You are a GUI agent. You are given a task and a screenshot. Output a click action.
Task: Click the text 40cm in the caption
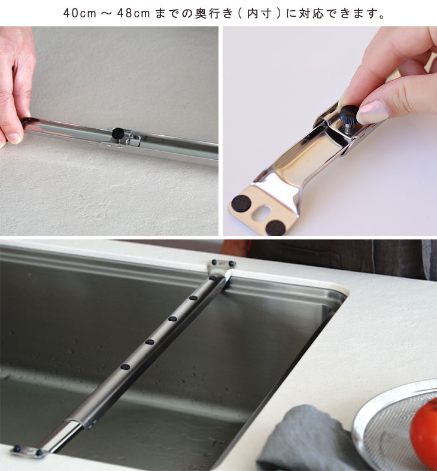click(x=80, y=14)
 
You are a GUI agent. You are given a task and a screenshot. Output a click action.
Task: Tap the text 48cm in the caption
click(x=133, y=14)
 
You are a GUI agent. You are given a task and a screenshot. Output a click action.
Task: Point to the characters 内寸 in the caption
click(x=259, y=14)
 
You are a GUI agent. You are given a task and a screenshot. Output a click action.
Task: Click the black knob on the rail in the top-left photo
click(x=118, y=133)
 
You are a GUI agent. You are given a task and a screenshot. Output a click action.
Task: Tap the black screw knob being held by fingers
click(x=348, y=114)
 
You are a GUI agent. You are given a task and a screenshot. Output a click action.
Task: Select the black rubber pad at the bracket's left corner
click(x=241, y=203)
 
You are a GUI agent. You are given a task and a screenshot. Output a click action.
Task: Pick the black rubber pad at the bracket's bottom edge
click(x=275, y=227)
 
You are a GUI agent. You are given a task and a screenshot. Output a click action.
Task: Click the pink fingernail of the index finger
click(x=373, y=111)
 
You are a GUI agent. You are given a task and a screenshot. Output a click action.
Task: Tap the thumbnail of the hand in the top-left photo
click(x=14, y=138)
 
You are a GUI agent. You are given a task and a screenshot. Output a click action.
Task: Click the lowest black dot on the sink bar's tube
click(x=125, y=366)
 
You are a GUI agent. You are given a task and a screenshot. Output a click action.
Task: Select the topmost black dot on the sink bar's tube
click(x=213, y=278)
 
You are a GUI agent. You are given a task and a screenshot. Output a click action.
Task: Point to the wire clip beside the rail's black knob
click(x=133, y=140)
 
